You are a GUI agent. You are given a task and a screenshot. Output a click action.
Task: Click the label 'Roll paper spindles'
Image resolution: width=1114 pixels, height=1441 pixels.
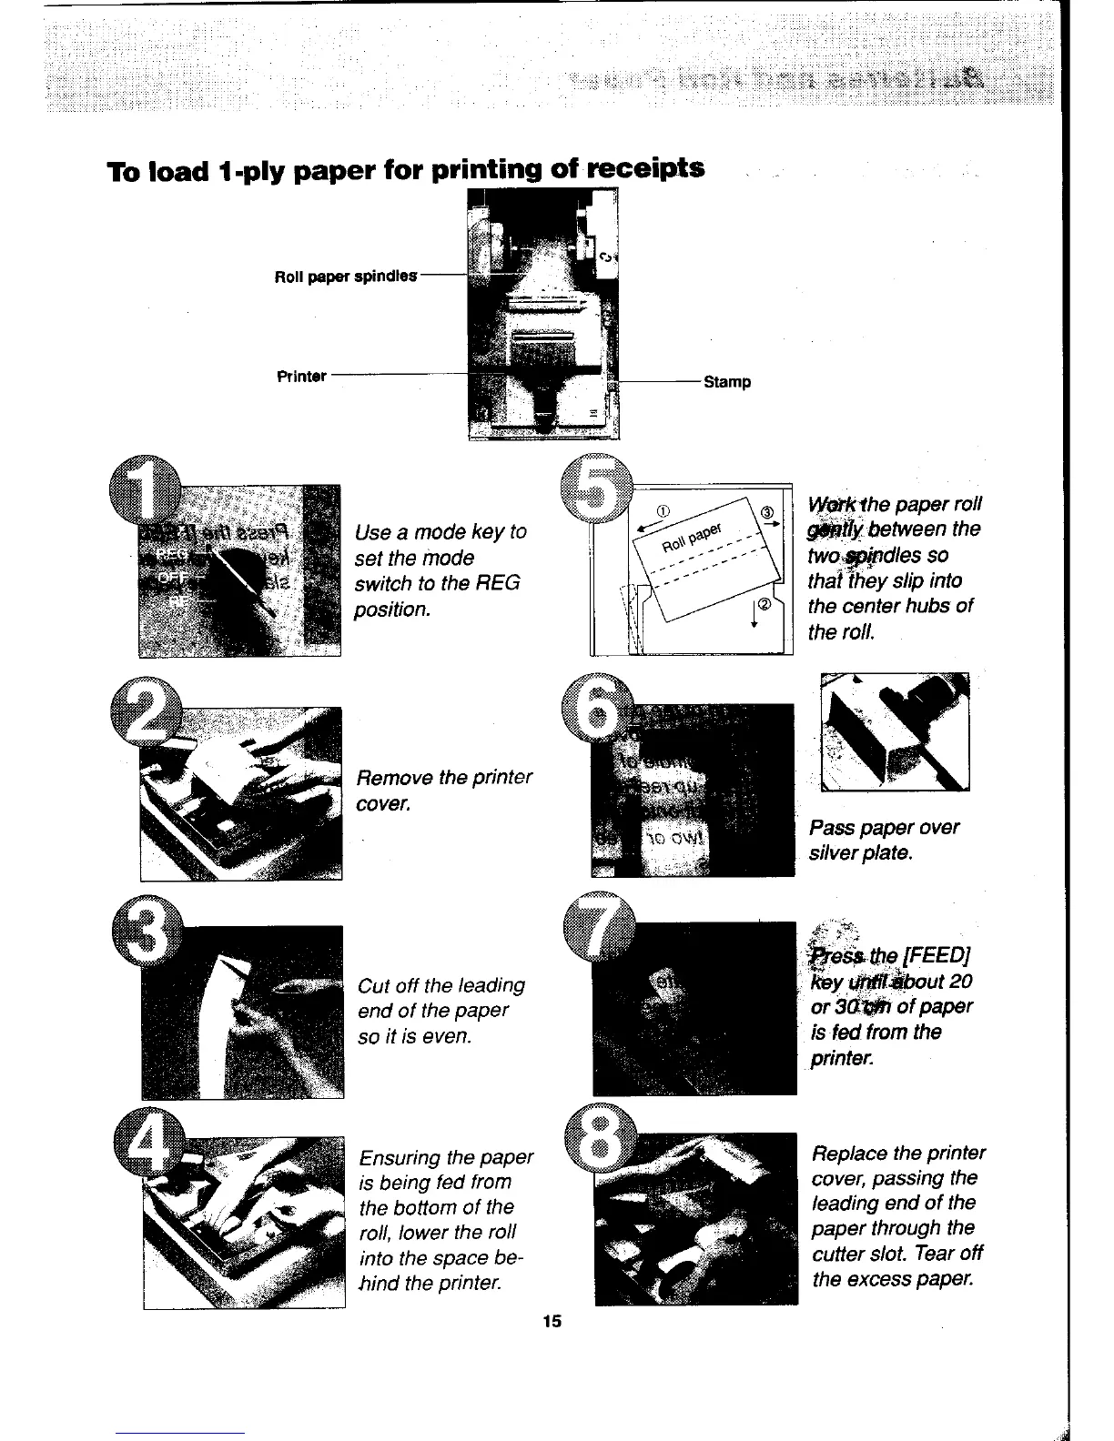point(346,276)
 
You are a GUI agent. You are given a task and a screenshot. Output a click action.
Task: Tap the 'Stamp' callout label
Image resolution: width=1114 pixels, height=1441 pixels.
point(727,382)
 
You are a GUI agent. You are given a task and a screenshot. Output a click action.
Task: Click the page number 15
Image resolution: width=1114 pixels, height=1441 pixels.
point(552,1323)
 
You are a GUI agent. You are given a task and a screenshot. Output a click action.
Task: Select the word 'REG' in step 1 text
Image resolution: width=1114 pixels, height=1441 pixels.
point(499,583)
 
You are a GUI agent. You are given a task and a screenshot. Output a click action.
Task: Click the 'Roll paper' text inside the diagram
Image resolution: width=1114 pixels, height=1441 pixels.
point(691,538)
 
